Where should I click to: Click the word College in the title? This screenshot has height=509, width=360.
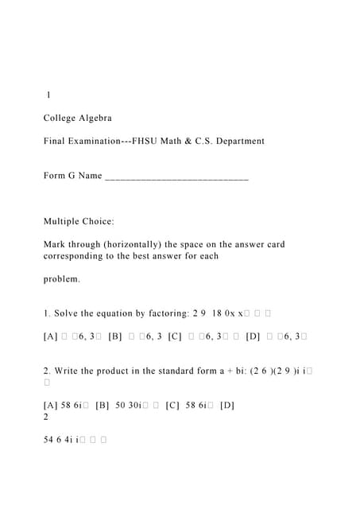coord(60,119)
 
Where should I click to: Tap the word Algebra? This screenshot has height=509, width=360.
coord(96,119)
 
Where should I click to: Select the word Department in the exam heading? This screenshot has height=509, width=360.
coord(236,142)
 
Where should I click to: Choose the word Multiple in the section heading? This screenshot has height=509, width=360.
coord(63,221)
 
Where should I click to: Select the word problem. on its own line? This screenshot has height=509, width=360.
coord(62,280)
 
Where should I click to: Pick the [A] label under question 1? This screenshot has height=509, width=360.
coord(51,337)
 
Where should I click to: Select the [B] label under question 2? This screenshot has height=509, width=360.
coord(102,406)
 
